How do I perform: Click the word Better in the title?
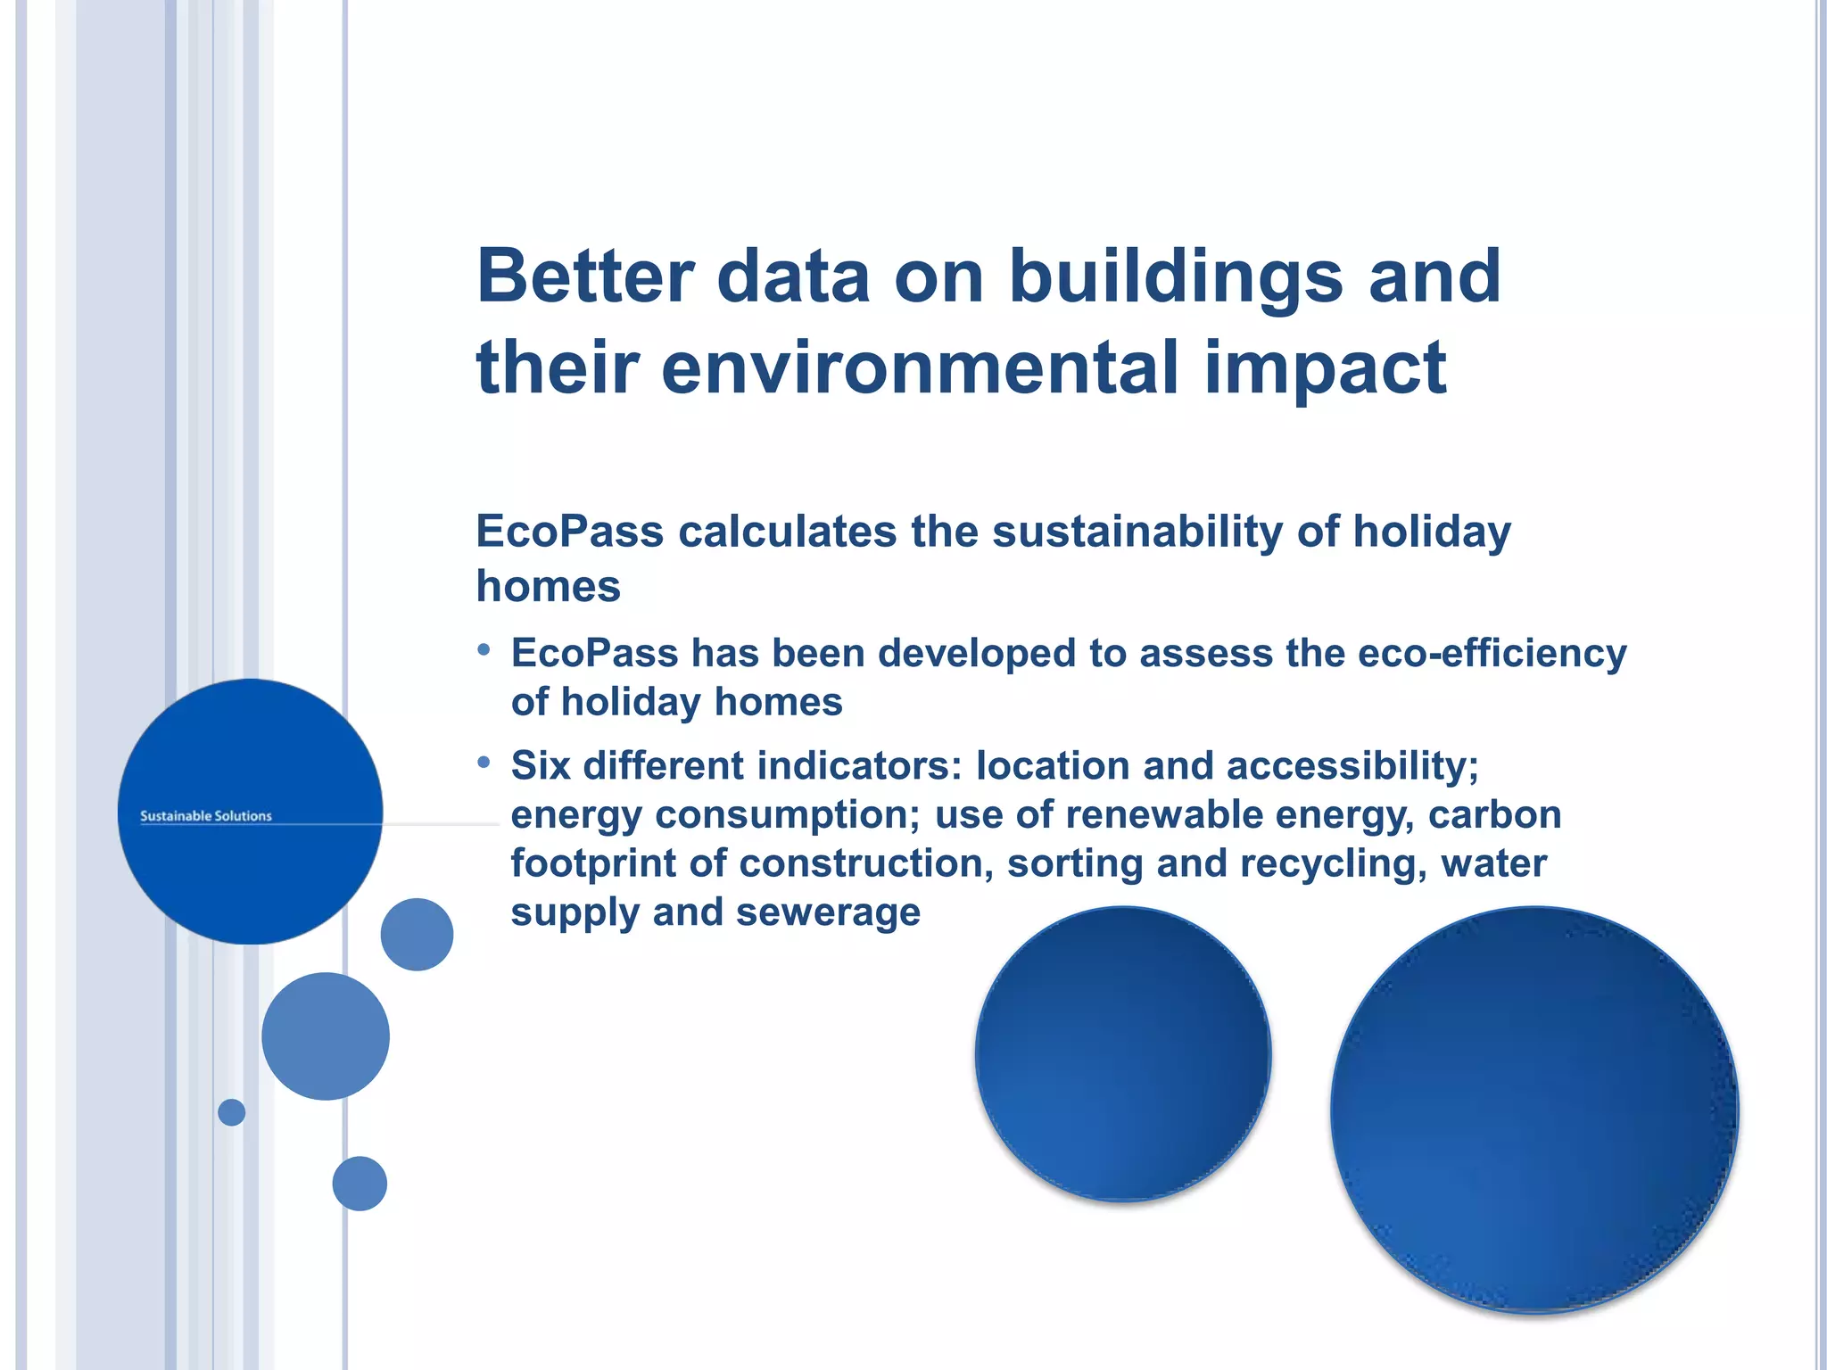584,276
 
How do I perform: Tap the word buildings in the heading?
1176,276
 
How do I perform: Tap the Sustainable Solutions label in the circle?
206,815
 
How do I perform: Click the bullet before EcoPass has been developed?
484,649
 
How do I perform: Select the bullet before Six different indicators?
484,762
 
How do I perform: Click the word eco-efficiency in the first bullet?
1492,653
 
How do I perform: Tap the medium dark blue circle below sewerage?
1123,1053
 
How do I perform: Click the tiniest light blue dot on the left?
231,1112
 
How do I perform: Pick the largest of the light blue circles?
326,1036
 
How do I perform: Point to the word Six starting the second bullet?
540,765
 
